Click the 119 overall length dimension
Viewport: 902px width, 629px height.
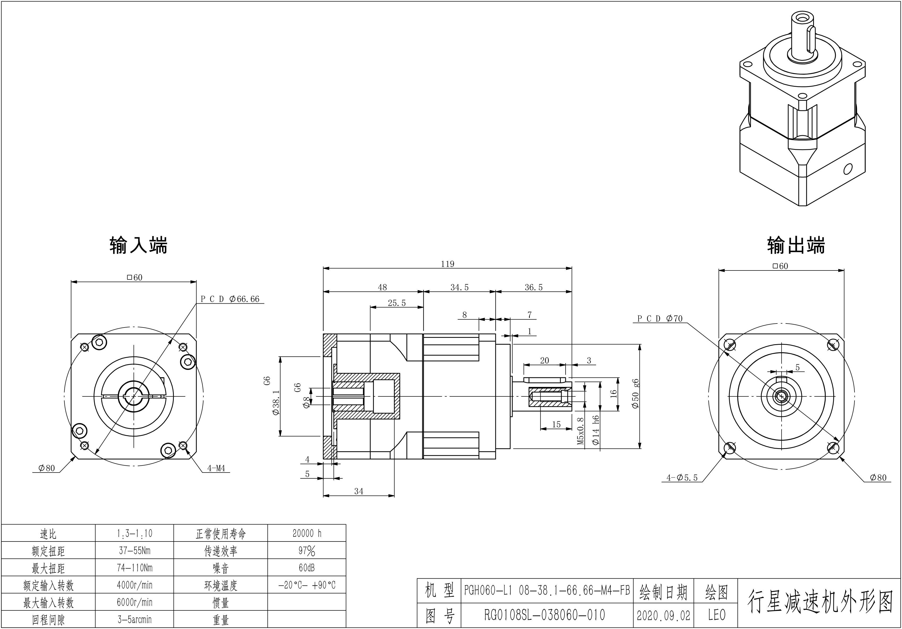pos(448,264)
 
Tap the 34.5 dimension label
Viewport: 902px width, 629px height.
pos(459,287)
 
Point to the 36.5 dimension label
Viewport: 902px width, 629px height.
pos(534,287)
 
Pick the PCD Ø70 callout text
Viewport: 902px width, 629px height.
pos(660,318)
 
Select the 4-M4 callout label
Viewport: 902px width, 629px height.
pos(216,468)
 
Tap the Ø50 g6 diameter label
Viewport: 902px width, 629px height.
pos(635,394)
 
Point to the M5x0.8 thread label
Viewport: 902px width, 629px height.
pos(581,431)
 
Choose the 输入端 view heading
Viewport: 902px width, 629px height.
pos(138,245)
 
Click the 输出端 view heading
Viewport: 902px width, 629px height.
pos(796,245)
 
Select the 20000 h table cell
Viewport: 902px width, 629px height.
pos(307,533)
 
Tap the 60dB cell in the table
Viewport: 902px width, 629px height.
pos(307,568)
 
